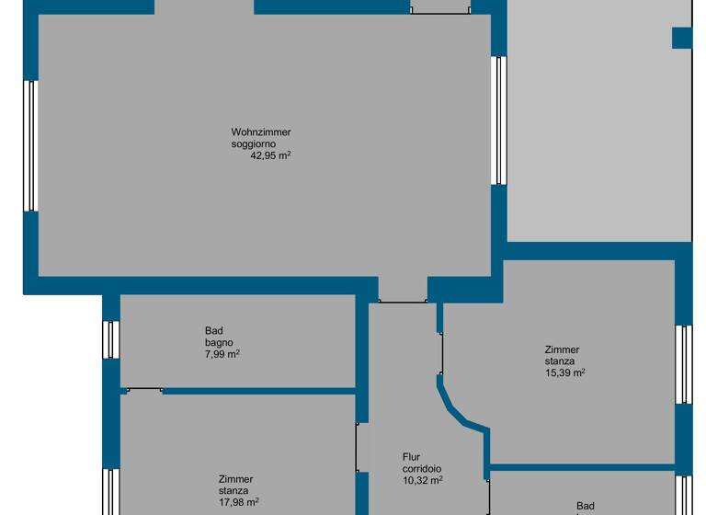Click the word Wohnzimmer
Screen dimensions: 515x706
pos(261,132)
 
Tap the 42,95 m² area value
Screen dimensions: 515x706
pos(270,155)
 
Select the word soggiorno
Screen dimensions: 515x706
pos(254,143)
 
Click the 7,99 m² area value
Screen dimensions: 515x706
pos(222,353)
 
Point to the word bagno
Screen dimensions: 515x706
pos(219,342)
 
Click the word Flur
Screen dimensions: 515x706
pos(412,457)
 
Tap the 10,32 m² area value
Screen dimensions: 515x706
pos(423,479)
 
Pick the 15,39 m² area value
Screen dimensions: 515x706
pos(565,372)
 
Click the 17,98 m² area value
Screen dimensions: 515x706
pos(238,501)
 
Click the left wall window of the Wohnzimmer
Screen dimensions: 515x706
pos(30,145)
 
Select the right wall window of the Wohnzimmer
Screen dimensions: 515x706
pos(499,120)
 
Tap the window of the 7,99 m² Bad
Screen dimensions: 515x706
pos(110,339)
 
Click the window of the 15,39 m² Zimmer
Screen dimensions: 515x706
pos(683,364)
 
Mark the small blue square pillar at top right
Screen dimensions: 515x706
pos(681,38)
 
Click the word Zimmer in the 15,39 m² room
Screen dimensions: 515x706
pos(562,349)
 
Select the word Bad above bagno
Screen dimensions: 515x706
pos(214,331)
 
